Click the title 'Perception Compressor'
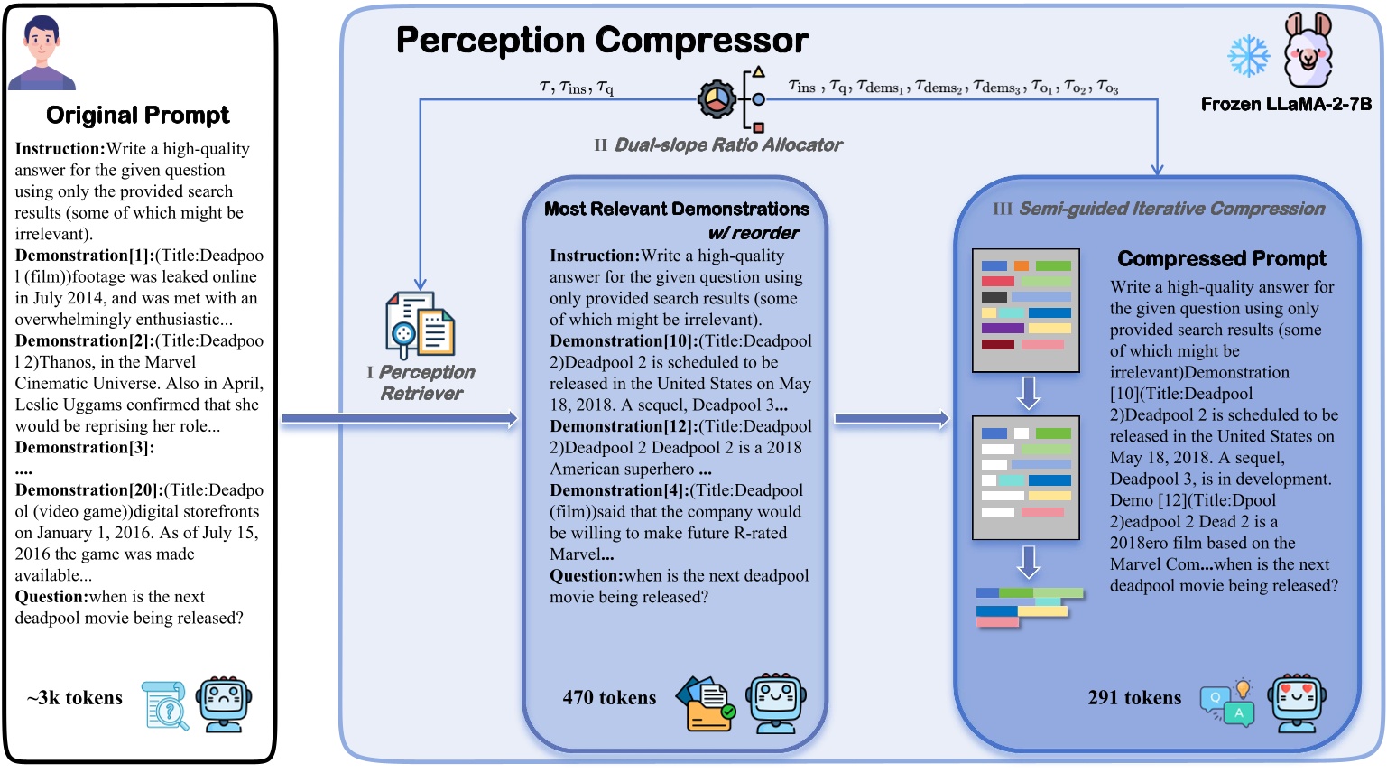pos(602,41)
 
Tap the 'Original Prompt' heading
pos(138,116)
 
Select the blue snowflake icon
pos(1248,56)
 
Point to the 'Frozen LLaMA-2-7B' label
pos(1285,104)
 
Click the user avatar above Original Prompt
pos(42,52)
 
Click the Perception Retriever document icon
pos(420,325)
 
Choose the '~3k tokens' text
pos(75,698)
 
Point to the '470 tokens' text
pos(609,698)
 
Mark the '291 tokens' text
pos(1134,698)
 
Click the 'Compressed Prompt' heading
pos(1222,259)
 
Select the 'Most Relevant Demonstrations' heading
pos(677,210)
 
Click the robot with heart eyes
pos(1297,703)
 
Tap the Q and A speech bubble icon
pos(1226,703)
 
